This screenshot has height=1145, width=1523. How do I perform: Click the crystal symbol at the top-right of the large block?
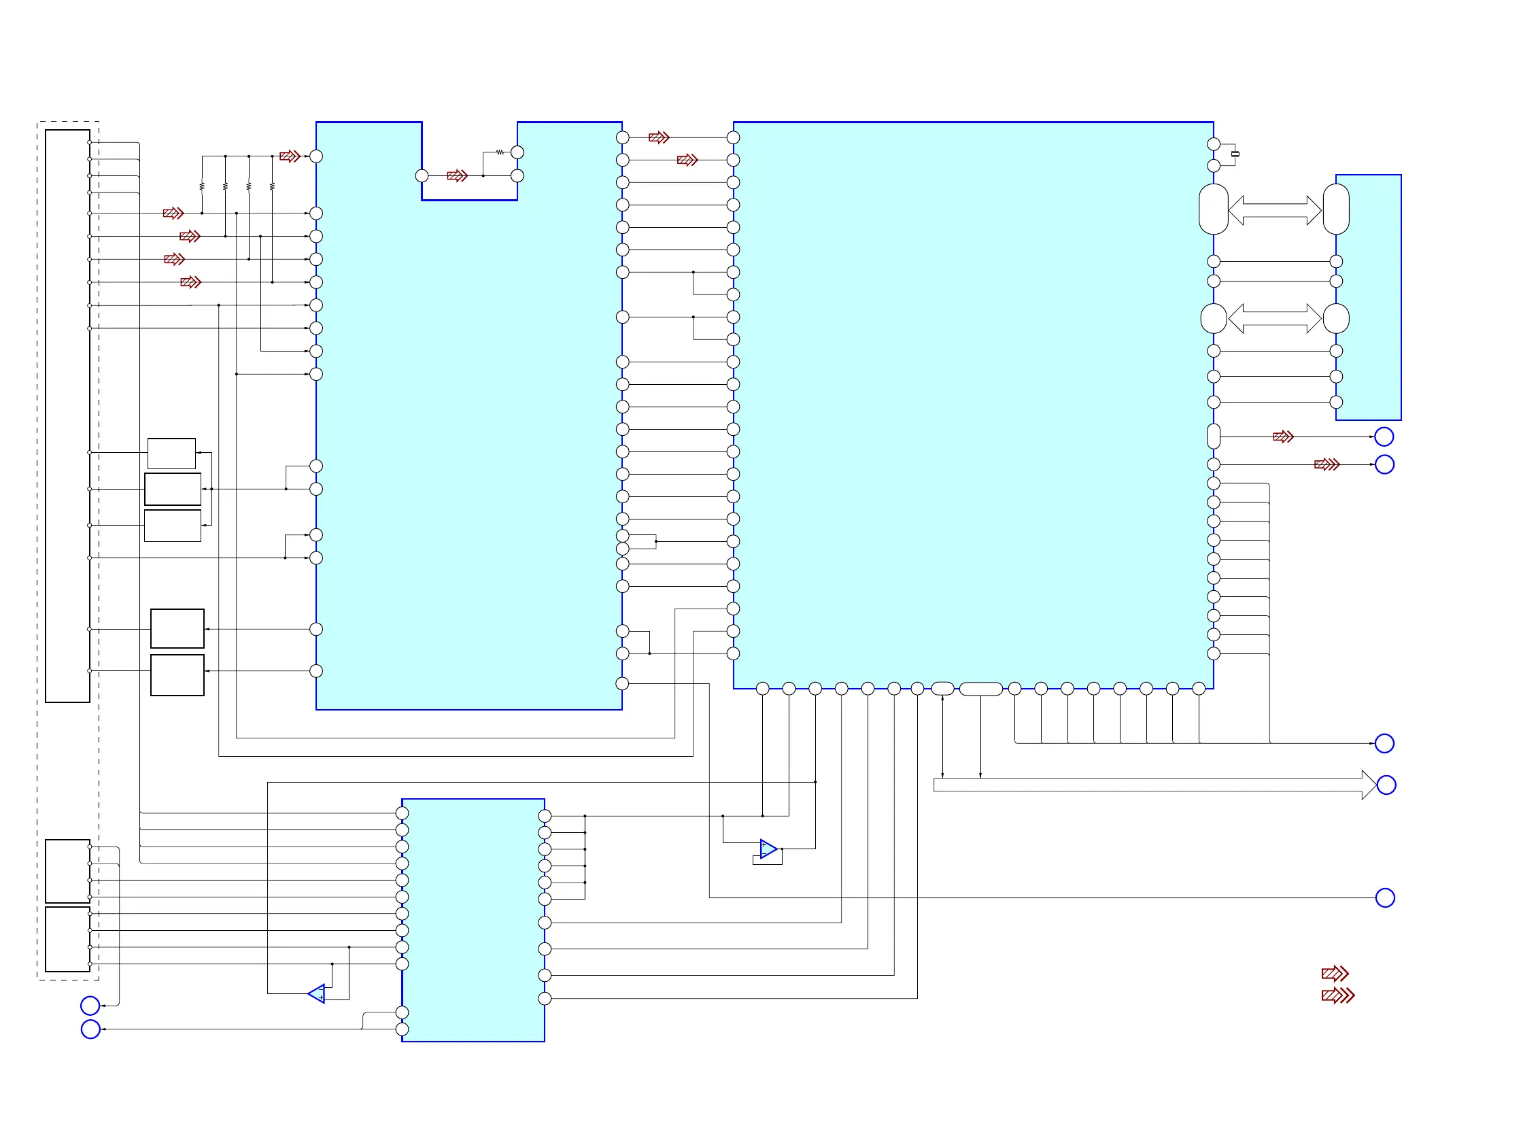pos(1235,154)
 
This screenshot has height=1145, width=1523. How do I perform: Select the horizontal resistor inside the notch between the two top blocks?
pos(500,152)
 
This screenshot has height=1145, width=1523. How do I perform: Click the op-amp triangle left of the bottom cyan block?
pos(318,993)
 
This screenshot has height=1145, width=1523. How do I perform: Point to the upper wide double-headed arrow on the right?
pos(1274,210)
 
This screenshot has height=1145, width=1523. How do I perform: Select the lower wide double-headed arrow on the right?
pos(1274,318)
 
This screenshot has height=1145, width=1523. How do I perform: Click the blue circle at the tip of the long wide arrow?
pos(1386,785)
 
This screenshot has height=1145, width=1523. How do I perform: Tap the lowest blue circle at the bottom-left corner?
pos(90,1029)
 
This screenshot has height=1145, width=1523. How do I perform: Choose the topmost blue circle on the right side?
pos(1384,437)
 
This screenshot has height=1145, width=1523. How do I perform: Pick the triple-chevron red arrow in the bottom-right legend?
pos(1338,995)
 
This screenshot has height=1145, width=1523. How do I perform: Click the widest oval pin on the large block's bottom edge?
pos(980,689)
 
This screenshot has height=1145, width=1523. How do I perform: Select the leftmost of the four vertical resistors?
pos(202,186)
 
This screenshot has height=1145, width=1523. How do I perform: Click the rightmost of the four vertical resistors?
pos(273,186)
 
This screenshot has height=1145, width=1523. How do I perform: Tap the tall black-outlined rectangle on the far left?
pos(67,416)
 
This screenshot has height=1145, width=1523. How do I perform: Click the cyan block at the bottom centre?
pos(473,920)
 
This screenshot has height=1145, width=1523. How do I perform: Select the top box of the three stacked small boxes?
pos(171,453)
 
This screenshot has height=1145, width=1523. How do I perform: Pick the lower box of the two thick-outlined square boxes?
pos(177,675)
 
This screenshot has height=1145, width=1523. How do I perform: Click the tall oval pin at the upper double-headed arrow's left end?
pos(1213,209)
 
